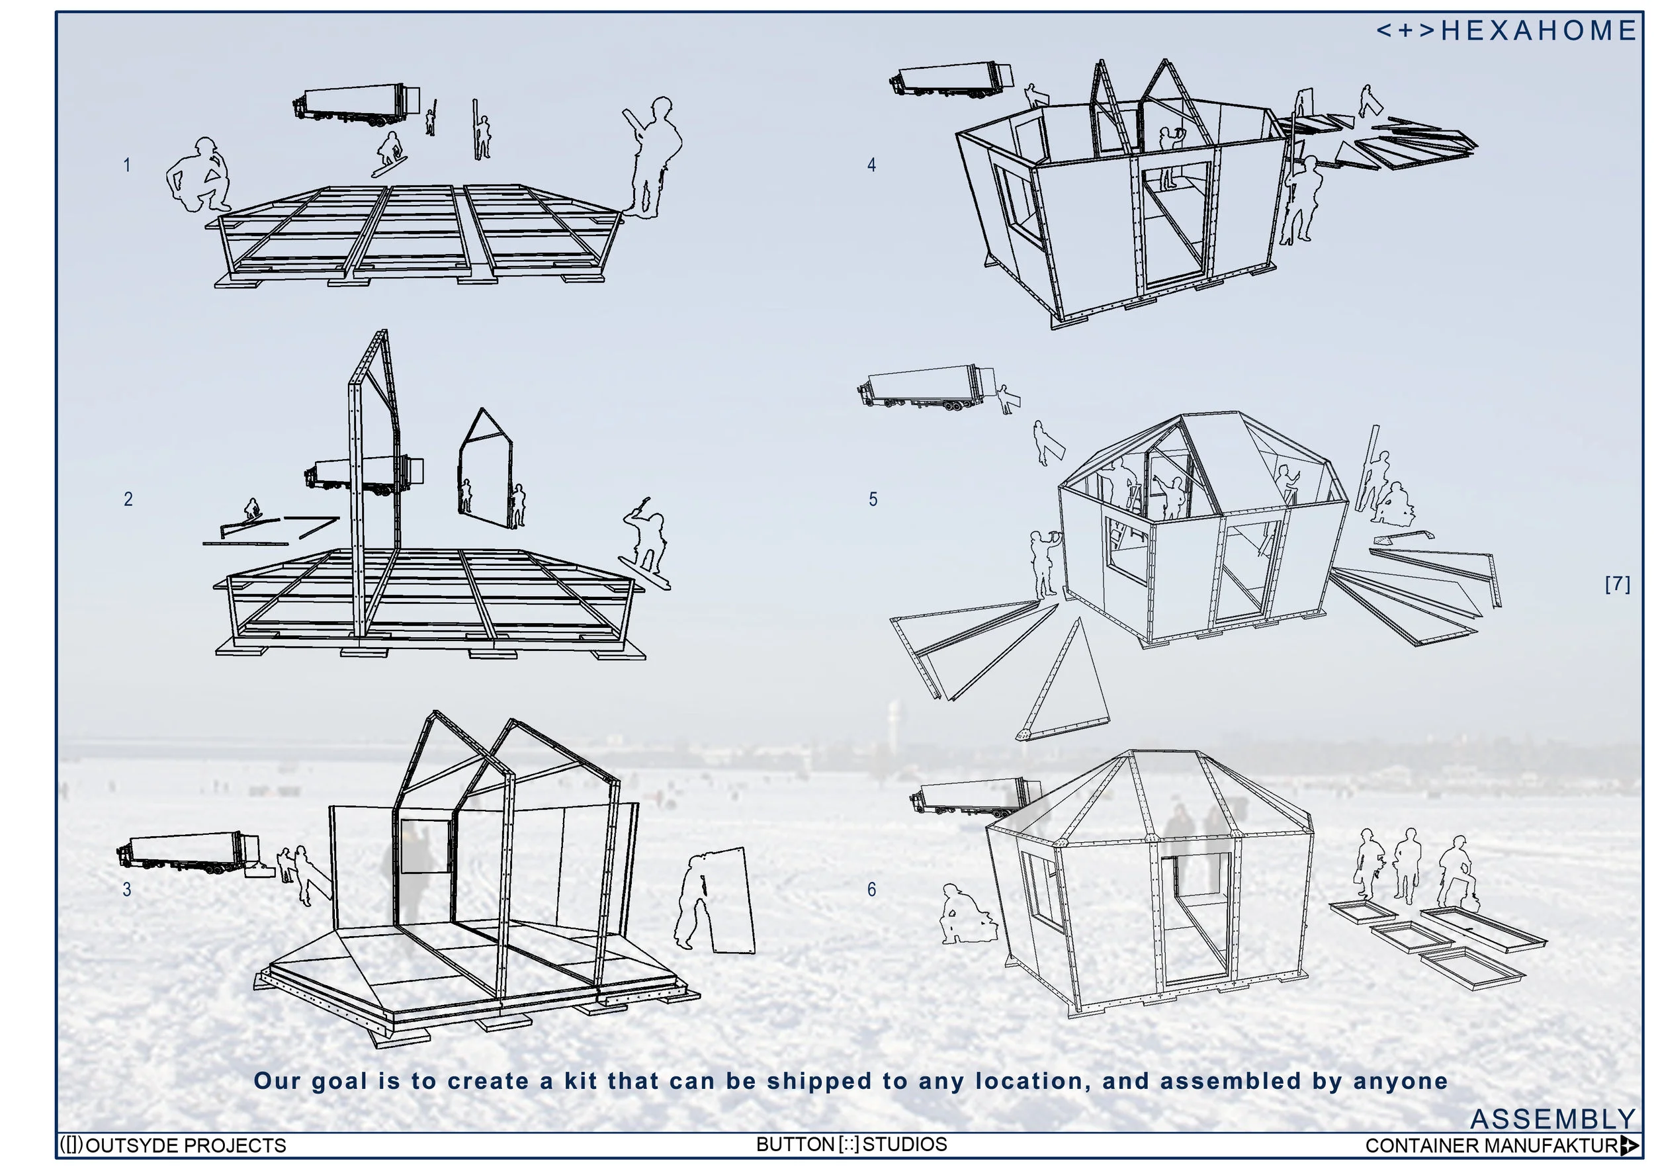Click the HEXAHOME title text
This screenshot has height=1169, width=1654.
pyautogui.click(x=1505, y=31)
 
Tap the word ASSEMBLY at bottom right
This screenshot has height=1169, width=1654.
pyautogui.click(x=1551, y=1119)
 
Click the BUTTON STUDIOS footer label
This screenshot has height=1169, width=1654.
pyautogui.click(x=851, y=1144)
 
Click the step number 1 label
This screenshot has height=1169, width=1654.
pyautogui.click(x=127, y=165)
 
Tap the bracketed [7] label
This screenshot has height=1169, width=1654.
pyautogui.click(x=1617, y=584)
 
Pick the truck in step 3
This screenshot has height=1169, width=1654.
pyautogui.click(x=187, y=853)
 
